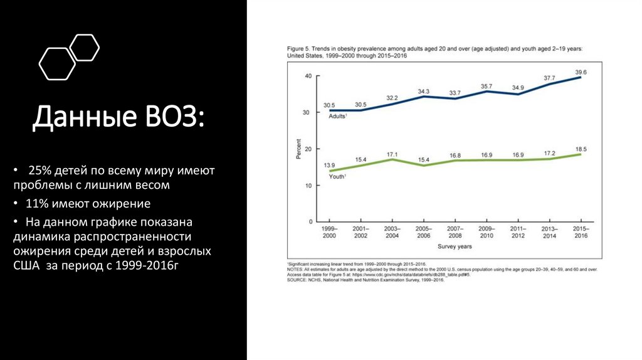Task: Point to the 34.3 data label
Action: [424, 92]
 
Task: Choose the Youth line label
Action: [337, 177]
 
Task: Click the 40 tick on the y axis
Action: [307, 76]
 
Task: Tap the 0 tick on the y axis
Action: [309, 222]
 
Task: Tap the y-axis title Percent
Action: [298, 149]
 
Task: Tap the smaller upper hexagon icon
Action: [83, 48]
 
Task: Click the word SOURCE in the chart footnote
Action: [298, 280]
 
